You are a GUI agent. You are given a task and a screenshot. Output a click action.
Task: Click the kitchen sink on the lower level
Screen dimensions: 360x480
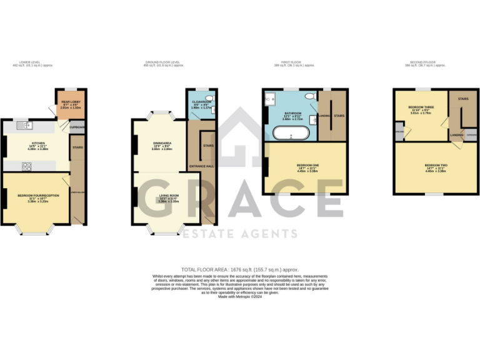(27, 126)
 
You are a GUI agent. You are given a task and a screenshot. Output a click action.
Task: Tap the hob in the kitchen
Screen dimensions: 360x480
(27, 166)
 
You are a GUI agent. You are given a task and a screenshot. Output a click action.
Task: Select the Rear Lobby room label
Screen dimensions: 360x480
(68, 101)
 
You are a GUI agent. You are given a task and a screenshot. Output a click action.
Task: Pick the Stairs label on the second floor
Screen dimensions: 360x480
(463, 99)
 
